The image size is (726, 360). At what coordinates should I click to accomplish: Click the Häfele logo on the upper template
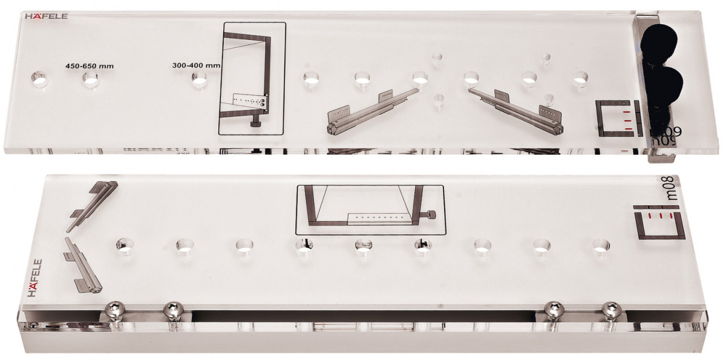coord(46,16)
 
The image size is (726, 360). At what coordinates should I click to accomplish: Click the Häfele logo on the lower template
coord(34,278)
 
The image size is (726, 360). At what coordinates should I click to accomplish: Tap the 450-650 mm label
coord(90,66)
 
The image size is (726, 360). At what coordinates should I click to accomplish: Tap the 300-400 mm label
coord(196,65)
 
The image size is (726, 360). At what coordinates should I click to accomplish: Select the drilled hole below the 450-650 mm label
coord(91,80)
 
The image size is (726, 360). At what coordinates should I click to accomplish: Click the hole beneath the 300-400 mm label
coord(199,80)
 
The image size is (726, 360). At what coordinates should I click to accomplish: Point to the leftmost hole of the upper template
coord(39,80)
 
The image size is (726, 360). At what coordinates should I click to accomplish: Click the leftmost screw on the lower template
coord(116,308)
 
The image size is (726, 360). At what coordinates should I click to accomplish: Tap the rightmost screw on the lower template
coord(611,309)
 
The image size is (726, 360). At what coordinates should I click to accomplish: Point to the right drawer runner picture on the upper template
coord(516,111)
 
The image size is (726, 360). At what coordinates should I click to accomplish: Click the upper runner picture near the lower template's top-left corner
coord(92,206)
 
